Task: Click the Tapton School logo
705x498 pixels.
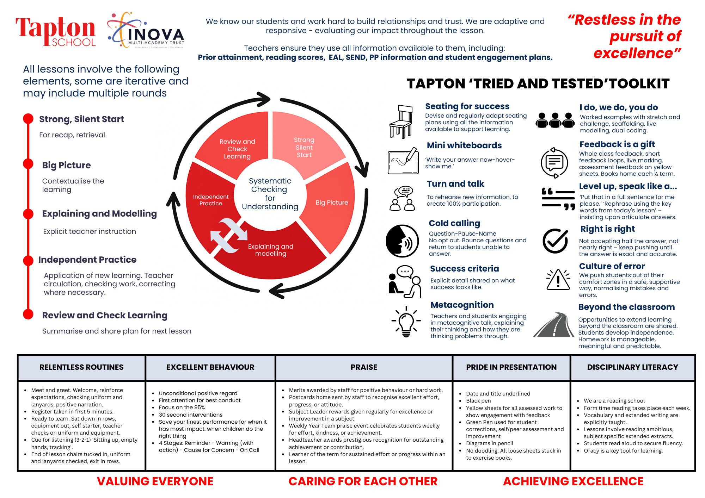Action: [x=56, y=32]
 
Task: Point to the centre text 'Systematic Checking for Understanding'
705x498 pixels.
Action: [x=270, y=194]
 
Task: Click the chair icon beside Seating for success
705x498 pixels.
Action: [x=401, y=122]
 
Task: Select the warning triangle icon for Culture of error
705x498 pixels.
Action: [x=558, y=280]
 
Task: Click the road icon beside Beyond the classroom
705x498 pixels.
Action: [x=554, y=325]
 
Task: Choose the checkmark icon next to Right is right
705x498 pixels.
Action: [x=555, y=241]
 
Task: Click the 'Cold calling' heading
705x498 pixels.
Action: [x=454, y=223]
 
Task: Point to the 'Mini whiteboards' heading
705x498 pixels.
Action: [x=464, y=145]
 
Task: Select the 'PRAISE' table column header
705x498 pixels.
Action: [x=364, y=367]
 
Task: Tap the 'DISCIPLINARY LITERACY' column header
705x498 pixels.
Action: [x=632, y=367]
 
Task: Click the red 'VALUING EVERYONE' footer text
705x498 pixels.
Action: [x=155, y=481]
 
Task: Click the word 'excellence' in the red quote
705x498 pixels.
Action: [x=633, y=54]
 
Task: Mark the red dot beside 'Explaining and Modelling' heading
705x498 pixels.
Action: [x=28, y=214]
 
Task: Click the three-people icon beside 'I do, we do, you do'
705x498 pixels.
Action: [x=555, y=120]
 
